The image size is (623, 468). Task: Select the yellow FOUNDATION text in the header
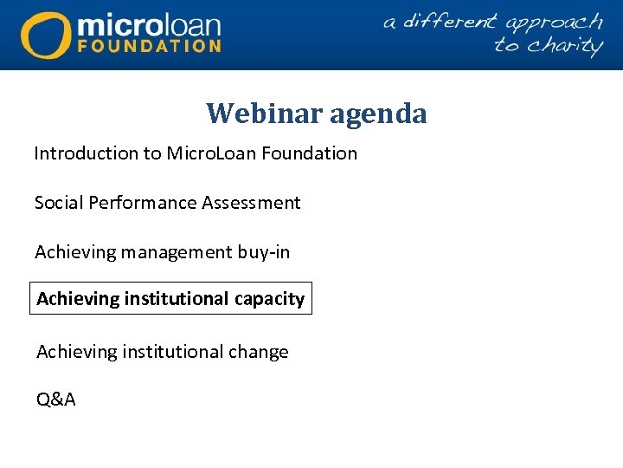[149, 45]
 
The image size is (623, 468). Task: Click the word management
[177, 252]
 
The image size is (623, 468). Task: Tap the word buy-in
[264, 252]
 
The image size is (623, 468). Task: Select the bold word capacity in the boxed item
[270, 299]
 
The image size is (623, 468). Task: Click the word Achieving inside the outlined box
[78, 299]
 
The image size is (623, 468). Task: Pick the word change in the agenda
[258, 352]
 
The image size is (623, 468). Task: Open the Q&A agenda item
[55, 400]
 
